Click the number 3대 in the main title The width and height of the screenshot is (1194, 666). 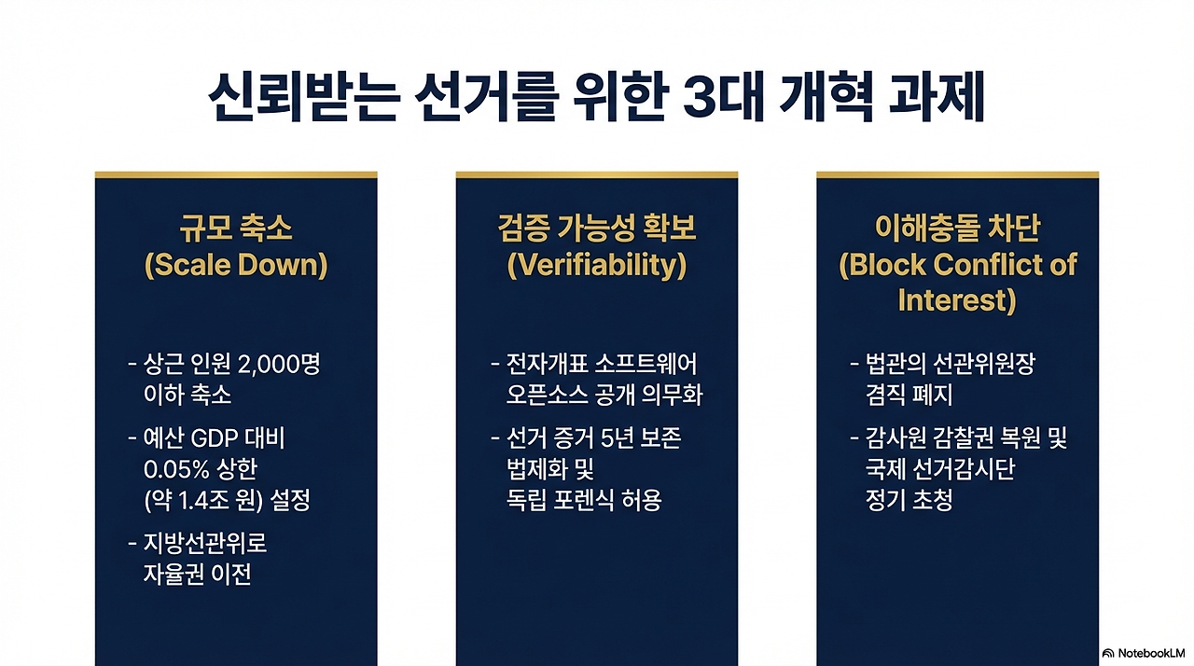click(x=723, y=98)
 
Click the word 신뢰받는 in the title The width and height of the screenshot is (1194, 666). click(x=304, y=98)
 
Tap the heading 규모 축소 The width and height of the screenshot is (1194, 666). click(x=236, y=228)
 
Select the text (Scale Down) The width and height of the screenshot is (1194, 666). click(x=236, y=265)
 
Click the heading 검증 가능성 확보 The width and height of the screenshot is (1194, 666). click(x=596, y=228)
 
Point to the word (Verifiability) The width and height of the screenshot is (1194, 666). click(x=596, y=265)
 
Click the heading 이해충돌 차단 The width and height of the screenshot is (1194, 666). click(x=957, y=228)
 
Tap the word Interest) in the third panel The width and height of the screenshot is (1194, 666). click(x=957, y=300)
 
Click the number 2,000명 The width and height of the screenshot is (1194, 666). click(x=279, y=365)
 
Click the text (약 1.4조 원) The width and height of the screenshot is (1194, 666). click(x=203, y=500)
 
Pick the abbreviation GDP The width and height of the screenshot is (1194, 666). click(x=214, y=438)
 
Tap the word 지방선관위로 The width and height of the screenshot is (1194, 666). click(x=205, y=544)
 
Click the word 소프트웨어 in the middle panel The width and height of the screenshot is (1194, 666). click(x=646, y=364)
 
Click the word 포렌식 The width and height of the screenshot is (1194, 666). click(x=584, y=500)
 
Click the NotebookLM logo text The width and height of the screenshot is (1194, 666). click(x=1151, y=653)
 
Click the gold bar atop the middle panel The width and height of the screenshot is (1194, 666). click(x=596, y=174)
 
